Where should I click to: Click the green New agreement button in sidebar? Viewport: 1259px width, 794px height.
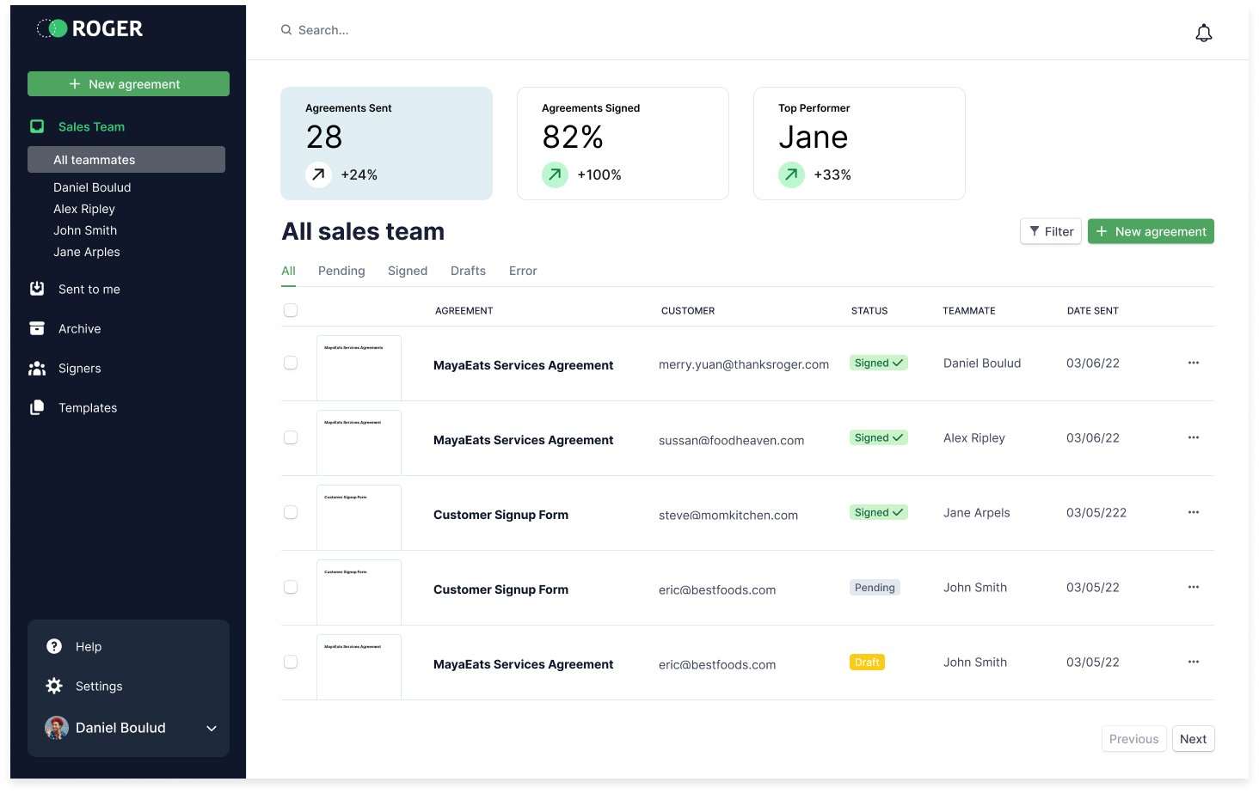[x=128, y=84]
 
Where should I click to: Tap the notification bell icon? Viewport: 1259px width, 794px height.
[x=1204, y=33]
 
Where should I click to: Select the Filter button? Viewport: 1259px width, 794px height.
[x=1051, y=232]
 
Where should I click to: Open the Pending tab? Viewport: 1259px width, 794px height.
[x=341, y=271]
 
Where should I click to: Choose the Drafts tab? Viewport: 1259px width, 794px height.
[x=468, y=271]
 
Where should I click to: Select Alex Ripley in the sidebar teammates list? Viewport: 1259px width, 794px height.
[x=84, y=209]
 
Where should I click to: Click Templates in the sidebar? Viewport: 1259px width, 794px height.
[x=88, y=408]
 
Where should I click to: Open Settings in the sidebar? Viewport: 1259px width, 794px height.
[x=99, y=687]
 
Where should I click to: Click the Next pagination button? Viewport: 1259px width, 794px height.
[x=1193, y=739]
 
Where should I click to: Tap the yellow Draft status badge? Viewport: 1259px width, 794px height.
[x=867, y=663]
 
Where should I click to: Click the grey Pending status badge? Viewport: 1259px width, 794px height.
[x=875, y=588]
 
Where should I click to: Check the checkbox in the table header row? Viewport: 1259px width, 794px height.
[x=291, y=310]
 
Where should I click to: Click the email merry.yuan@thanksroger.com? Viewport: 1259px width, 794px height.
[x=744, y=364]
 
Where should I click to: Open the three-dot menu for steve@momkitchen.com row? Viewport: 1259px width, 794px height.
[x=1194, y=512]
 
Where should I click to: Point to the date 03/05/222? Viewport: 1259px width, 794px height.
[x=1096, y=513]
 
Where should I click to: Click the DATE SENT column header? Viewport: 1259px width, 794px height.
[x=1092, y=311]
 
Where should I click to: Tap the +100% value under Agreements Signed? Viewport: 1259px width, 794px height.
[x=599, y=175]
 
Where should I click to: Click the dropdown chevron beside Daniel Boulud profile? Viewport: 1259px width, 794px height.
[x=212, y=729]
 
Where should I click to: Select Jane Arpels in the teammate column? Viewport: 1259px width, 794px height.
[x=977, y=513]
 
